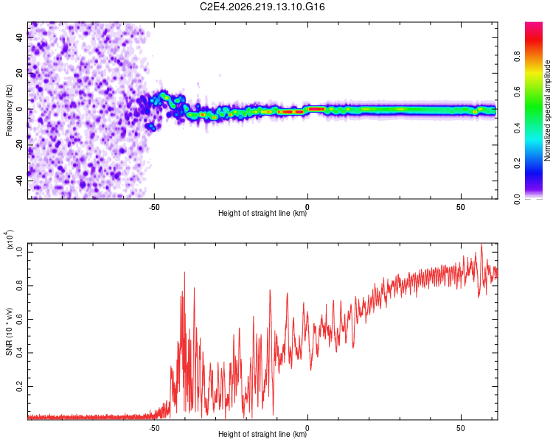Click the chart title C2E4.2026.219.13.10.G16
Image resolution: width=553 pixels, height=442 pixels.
click(x=262, y=7)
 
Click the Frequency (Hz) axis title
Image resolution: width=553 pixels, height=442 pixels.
click(x=9, y=110)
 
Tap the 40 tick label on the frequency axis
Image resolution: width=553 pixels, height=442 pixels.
click(x=19, y=38)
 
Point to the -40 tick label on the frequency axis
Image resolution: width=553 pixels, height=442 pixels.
click(x=19, y=181)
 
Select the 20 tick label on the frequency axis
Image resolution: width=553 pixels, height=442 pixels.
click(x=19, y=74)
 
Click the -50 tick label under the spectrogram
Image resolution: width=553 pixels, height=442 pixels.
click(x=154, y=207)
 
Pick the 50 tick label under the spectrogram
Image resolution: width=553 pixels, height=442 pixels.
click(x=461, y=207)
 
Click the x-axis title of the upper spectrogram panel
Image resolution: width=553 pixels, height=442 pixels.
click(x=262, y=213)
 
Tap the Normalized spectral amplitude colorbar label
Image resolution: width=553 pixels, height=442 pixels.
click(x=547, y=110)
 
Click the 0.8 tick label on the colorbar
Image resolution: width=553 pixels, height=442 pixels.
click(x=518, y=57)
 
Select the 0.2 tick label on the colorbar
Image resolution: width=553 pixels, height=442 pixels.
click(x=518, y=164)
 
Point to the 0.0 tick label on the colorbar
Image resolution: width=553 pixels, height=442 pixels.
click(x=518, y=199)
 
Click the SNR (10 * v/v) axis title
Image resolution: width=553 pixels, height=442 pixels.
click(x=9, y=331)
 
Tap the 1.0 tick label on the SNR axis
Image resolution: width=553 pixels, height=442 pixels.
click(x=19, y=252)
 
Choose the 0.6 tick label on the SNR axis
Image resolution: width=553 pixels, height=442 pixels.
click(x=19, y=319)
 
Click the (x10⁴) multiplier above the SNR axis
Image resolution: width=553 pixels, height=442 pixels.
click(x=10, y=239)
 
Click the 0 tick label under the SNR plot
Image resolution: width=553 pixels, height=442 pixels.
click(x=307, y=428)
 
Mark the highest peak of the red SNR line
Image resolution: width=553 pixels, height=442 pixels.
click(x=481, y=244)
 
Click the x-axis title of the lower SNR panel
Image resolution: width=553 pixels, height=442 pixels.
click(x=262, y=434)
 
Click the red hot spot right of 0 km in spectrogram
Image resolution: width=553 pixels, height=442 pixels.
click(x=316, y=109)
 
